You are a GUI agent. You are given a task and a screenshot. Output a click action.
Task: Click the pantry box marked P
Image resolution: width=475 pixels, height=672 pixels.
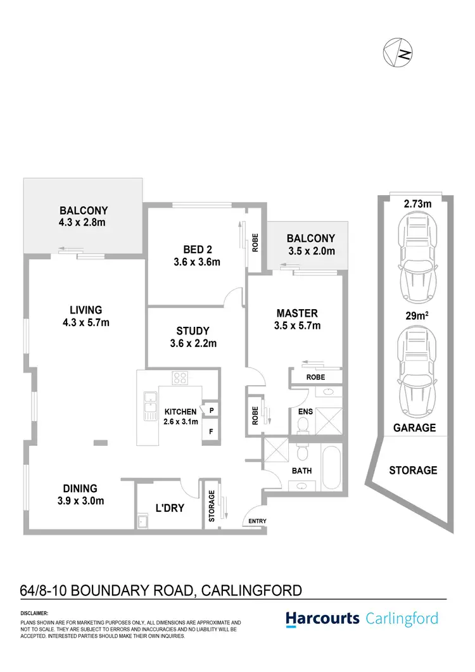211,410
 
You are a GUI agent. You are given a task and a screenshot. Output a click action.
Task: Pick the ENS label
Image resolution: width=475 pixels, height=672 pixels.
305,411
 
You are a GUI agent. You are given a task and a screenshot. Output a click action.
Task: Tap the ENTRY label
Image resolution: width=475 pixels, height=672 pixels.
258,521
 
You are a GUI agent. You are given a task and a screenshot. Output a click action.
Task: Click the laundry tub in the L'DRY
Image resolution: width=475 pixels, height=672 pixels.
142,523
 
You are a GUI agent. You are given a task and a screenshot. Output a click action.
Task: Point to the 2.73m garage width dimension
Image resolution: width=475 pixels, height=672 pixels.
417,204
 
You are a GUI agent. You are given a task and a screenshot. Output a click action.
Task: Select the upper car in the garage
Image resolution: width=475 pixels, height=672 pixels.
415,258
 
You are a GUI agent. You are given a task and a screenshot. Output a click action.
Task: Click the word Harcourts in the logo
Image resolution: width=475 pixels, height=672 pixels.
322,618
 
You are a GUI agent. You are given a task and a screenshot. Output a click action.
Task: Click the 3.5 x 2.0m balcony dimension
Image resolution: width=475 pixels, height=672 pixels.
310,251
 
